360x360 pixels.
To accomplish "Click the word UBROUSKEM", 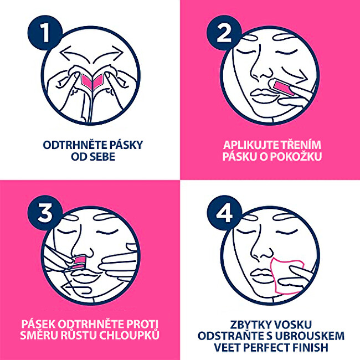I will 313,336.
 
